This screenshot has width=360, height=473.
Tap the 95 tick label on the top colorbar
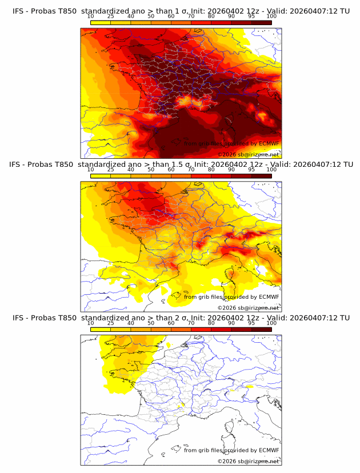[x=251, y=16]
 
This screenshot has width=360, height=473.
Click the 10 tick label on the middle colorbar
[x=91, y=170]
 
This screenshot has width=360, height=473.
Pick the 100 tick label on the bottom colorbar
[x=271, y=323]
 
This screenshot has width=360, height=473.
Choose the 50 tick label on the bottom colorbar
[x=151, y=323]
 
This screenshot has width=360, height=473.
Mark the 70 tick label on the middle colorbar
[x=191, y=170]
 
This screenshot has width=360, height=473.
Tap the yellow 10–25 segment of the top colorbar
[x=101, y=22]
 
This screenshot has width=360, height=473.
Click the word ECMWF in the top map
[x=269, y=143]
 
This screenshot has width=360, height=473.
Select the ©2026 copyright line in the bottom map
[x=248, y=461]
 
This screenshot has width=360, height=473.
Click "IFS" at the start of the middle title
[x=18, y=165]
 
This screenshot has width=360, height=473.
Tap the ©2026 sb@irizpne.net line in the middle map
[x=248, y=308]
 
